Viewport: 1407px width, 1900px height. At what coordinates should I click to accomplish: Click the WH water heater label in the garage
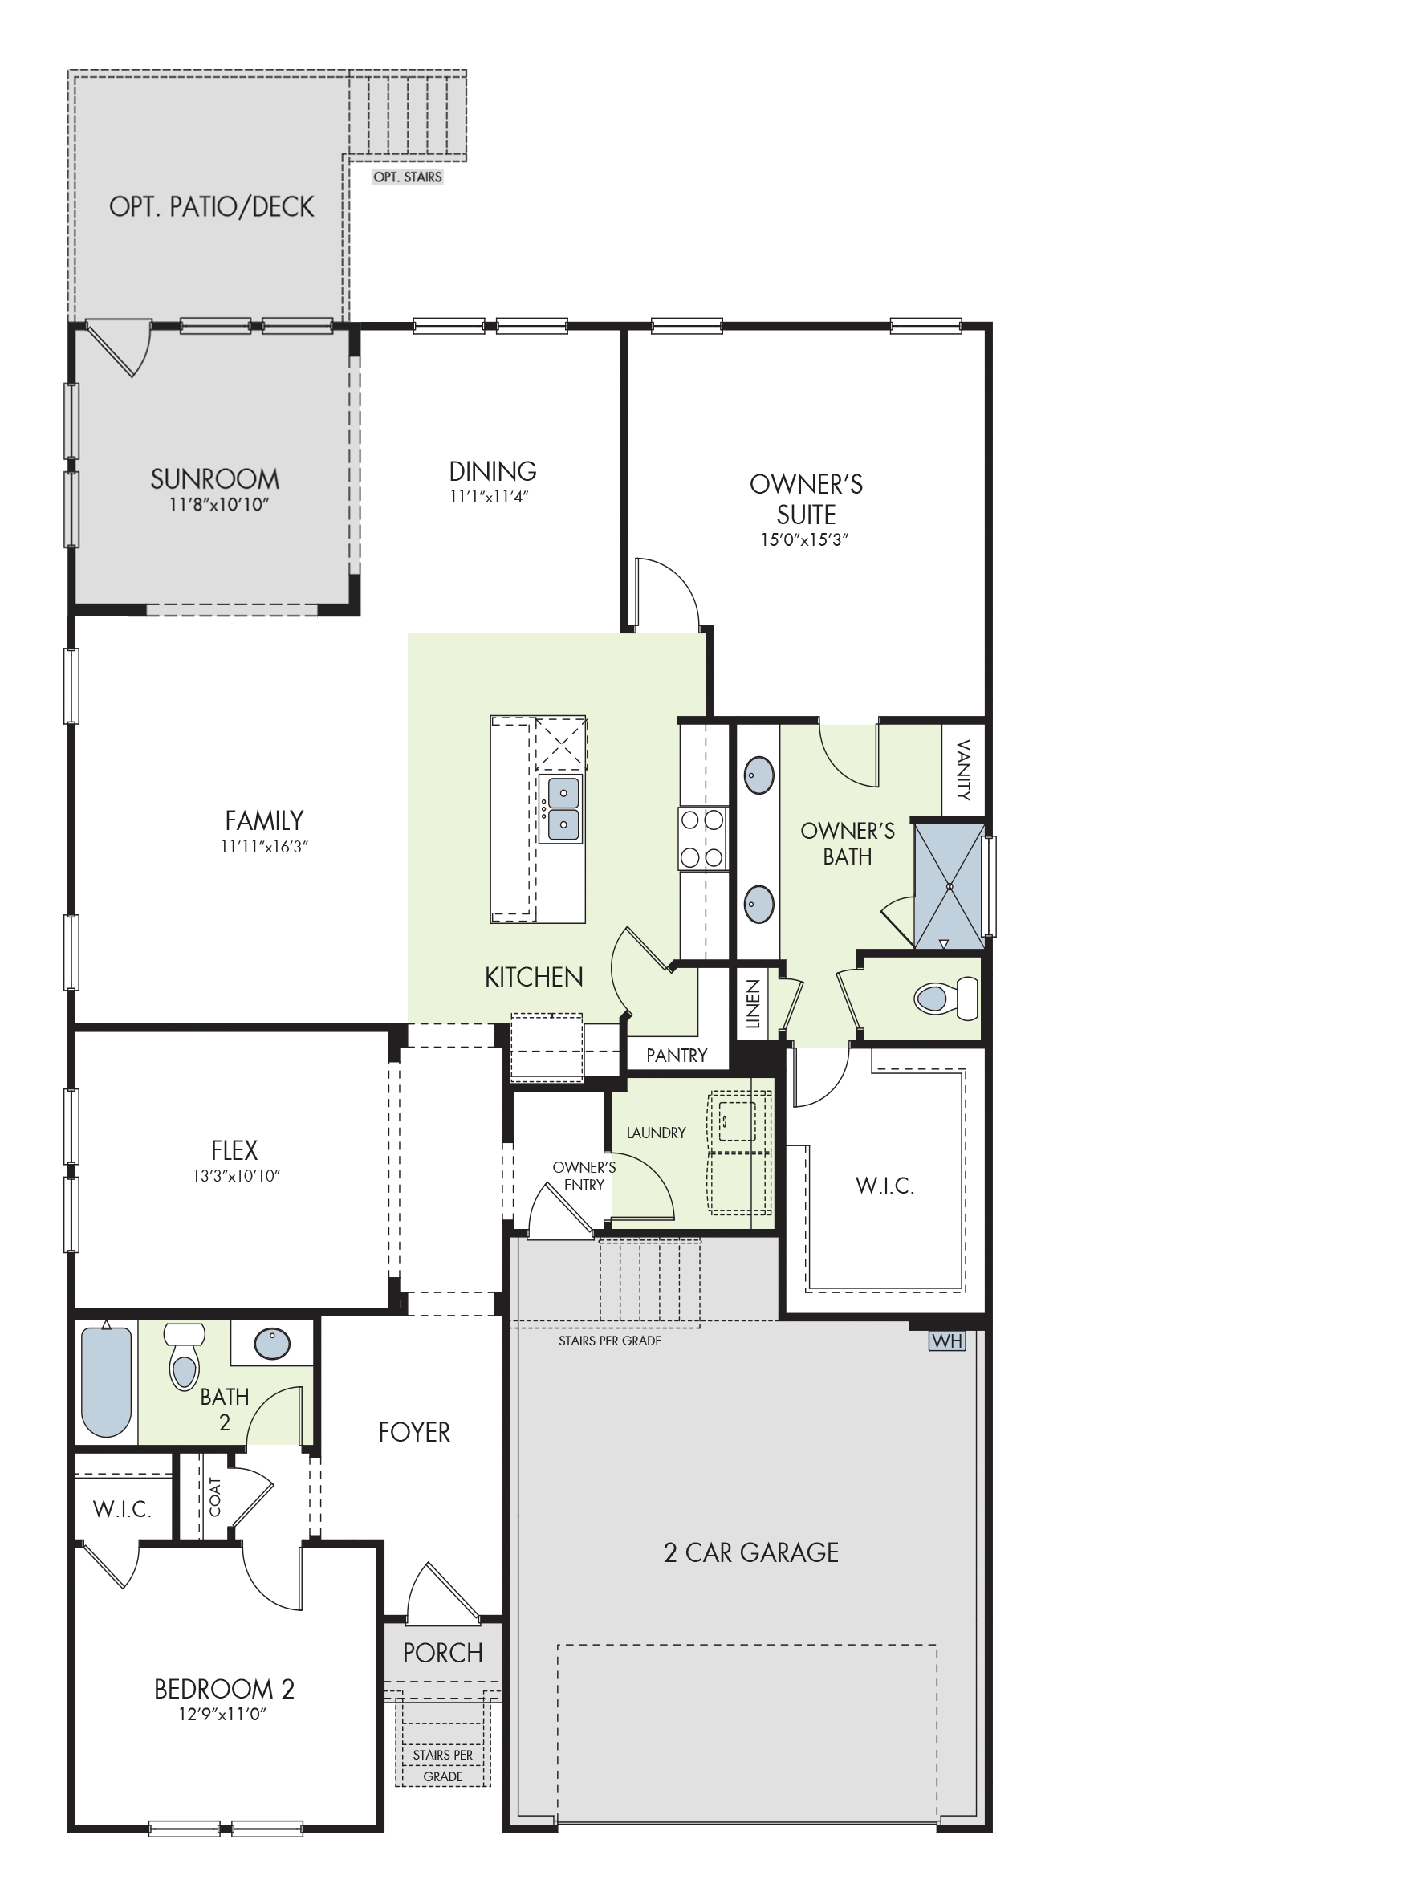click(x=946, y=1341)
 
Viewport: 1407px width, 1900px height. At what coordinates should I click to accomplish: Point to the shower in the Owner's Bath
click(x=949, y=885)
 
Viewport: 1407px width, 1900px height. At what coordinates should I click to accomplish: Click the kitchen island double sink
click(x=562, y=808)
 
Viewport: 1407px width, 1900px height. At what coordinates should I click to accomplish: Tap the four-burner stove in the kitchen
click(x=702, y=839)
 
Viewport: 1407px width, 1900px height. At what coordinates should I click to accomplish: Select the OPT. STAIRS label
click(x=408, y=177)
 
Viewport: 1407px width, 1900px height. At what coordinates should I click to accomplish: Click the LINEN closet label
click(x=752, y=1004)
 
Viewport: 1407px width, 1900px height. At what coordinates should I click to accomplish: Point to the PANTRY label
click(x=677, y=1056)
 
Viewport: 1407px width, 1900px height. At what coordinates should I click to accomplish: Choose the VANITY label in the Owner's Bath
click(x=963, y=770)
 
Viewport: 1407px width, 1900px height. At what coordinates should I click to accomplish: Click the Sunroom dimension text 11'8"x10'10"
click(x=219, y=504)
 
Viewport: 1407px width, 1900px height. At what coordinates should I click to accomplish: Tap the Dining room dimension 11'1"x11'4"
click(x=490, y=497)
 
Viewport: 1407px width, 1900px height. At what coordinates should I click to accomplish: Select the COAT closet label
click(x=214, y=1496)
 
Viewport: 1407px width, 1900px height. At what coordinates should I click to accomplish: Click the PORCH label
click(x=443, y=1652)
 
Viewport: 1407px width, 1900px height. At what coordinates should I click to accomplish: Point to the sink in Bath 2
click(x=273, y=1344)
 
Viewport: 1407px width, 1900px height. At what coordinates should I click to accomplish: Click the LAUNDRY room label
click(x=656, y=1133)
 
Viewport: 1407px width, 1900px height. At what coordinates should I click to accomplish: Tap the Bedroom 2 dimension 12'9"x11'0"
click(x=223, y=1714)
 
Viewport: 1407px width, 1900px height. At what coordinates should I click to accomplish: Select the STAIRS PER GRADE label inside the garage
click(x=610, y=1341)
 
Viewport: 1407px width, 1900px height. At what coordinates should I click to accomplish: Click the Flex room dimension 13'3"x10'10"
click(x=236, y=1176)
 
